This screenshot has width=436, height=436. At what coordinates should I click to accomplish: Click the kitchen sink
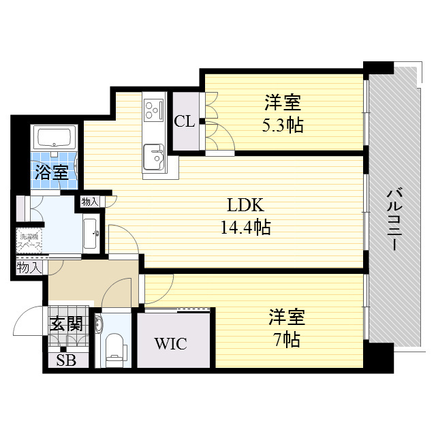pyautogui.click(x=153, y=156)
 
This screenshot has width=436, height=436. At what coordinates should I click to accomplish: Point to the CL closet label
pyautogui.click(x=184, y=122)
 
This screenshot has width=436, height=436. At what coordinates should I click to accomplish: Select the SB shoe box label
pyautogui.click(x=66, y=360)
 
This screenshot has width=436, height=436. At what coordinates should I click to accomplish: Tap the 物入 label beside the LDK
pyautogui.click(x=90, y=202)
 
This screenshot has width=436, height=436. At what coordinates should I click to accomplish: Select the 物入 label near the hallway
pyautogui.click(x=29, y=268)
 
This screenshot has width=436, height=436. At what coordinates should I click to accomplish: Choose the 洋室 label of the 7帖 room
pyautogui.click(x=286, y=317)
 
